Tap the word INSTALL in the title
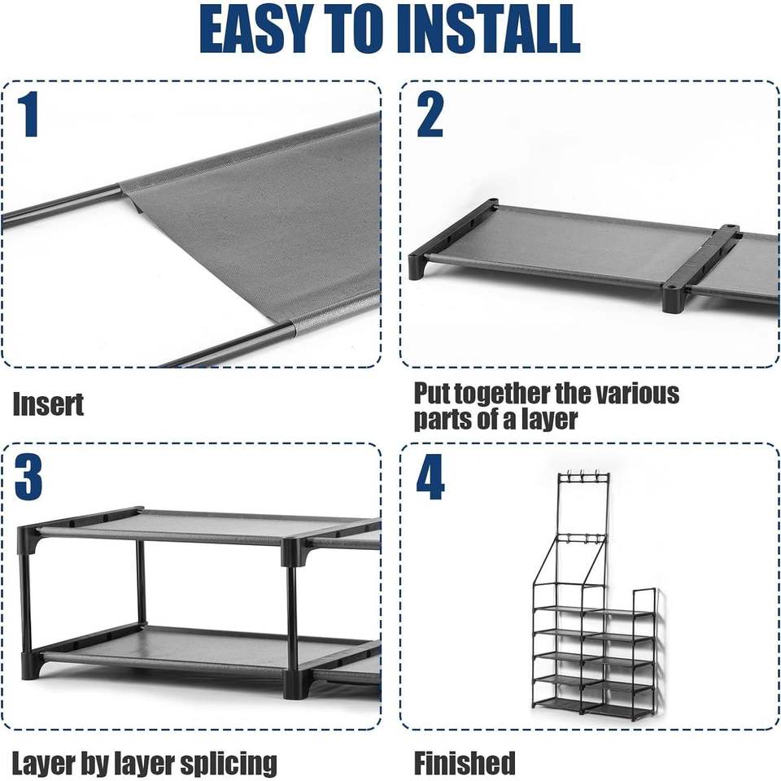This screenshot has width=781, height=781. pyautogui.click(x=488, y=29)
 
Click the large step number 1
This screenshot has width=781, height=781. pyautogui.click(x=29, y=114)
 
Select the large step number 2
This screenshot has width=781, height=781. pyautogui.click(x=430, y=115)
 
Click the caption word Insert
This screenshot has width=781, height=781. pyautogui.click(x=48, y=404)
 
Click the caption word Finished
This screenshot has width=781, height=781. pyautogui.click(x=465, y=762)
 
